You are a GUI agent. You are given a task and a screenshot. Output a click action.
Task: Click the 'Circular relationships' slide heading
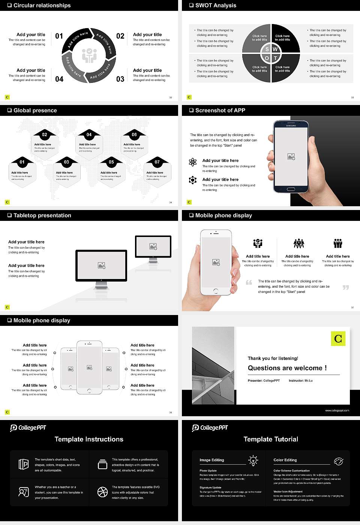(x=42, y=5)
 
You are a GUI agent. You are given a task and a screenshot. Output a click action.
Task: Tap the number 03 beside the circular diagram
(x=120, y=79)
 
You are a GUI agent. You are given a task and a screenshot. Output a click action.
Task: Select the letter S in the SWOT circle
(x=267, y=49)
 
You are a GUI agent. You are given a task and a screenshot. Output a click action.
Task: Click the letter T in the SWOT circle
(x=275, y=58)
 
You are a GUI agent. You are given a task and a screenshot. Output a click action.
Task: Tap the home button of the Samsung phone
(x=291, y=190)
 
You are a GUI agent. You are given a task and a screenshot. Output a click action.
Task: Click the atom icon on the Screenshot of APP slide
(x=193, y=162)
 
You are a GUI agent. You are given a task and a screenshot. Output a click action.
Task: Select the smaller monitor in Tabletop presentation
(x=153, y=247)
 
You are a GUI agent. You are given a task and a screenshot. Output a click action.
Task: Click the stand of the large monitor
(x=101, y=286)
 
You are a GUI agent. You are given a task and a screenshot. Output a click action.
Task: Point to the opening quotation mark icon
(x=249, y=282)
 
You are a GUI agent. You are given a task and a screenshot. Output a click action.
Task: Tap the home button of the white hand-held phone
(x=216, y=291)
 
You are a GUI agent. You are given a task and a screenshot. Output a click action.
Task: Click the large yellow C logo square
(x=338, y=339)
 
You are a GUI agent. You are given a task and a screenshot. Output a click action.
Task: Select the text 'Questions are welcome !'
(x=287, y=368)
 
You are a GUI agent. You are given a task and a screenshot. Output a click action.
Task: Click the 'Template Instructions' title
(x=89, y=439)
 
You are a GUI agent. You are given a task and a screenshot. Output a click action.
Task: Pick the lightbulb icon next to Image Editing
(x=253, y=460)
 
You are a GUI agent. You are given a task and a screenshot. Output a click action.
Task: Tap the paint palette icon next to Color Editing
(x=338, y=461)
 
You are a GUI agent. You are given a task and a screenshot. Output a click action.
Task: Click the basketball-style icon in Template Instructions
(x=102, y=492)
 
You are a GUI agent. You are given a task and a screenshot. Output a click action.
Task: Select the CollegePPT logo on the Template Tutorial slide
(x=210, y=428)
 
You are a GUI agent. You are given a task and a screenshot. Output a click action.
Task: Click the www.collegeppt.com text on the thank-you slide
(x=337, y=410)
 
